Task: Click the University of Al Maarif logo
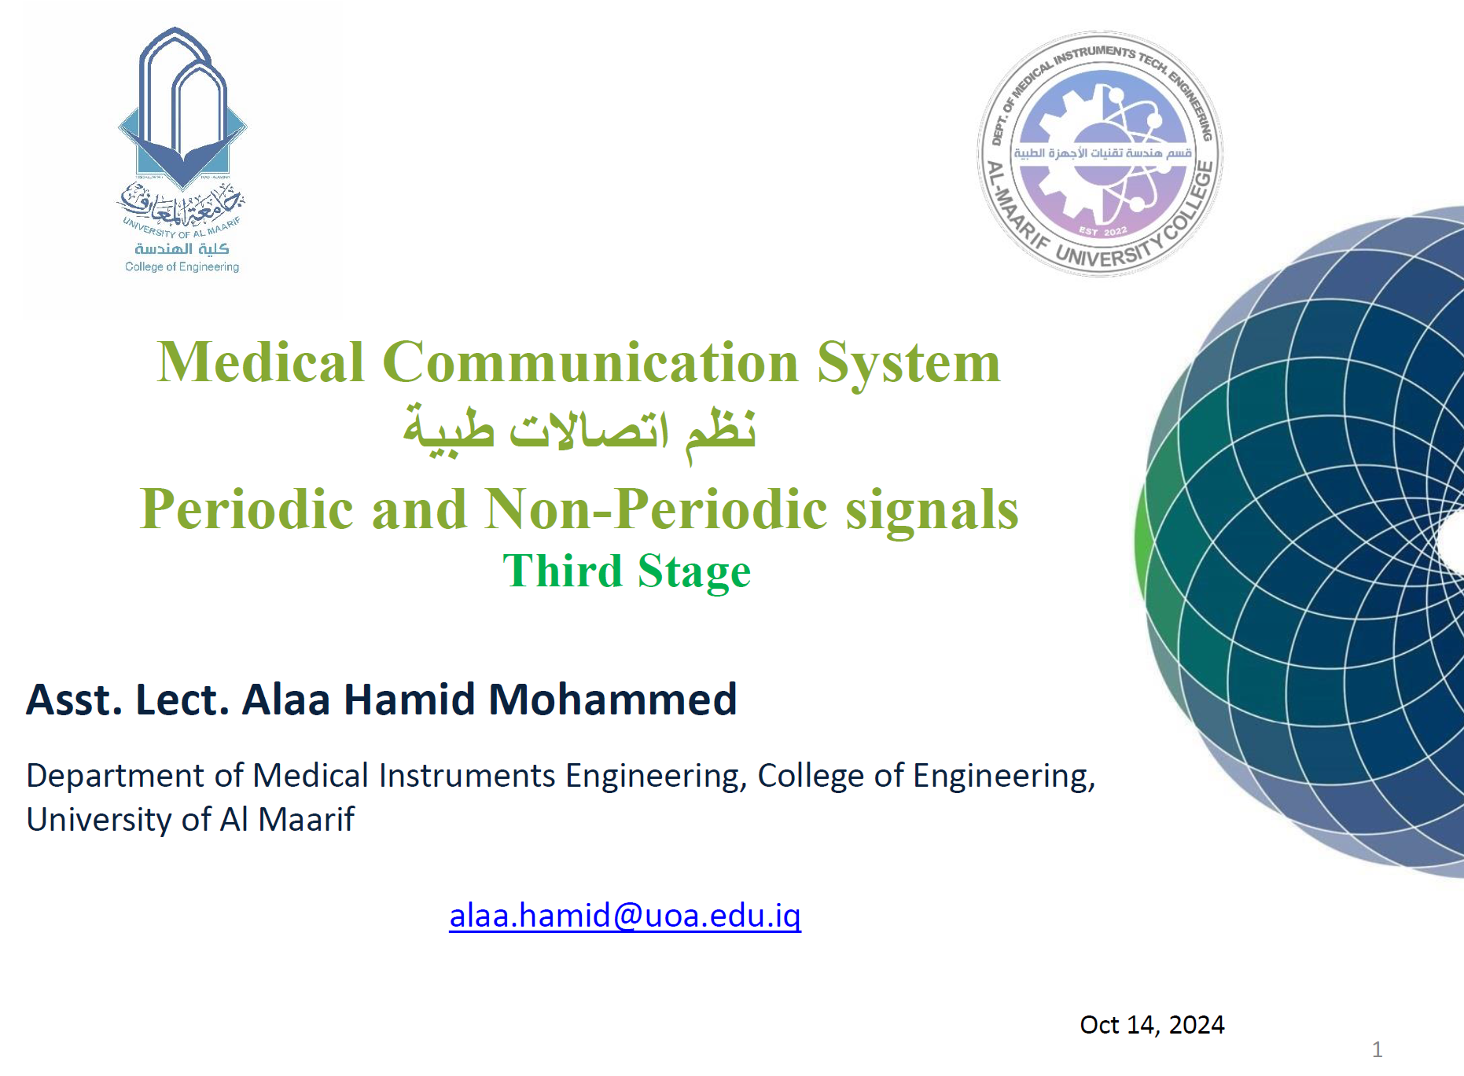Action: [182, 150]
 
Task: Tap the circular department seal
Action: [1100, 154]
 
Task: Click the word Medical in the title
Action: [261, 362]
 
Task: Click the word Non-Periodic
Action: [657, 509]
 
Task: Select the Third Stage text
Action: [627, 571]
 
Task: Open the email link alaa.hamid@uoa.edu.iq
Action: [625, 916]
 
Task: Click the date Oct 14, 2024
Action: [1152, 1025]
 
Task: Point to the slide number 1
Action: [1377, 1049]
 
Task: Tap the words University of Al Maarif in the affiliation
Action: [190, 820]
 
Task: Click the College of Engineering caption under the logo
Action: [182, 267]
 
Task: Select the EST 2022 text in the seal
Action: [1103, 231]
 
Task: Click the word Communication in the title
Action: [590, 362]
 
